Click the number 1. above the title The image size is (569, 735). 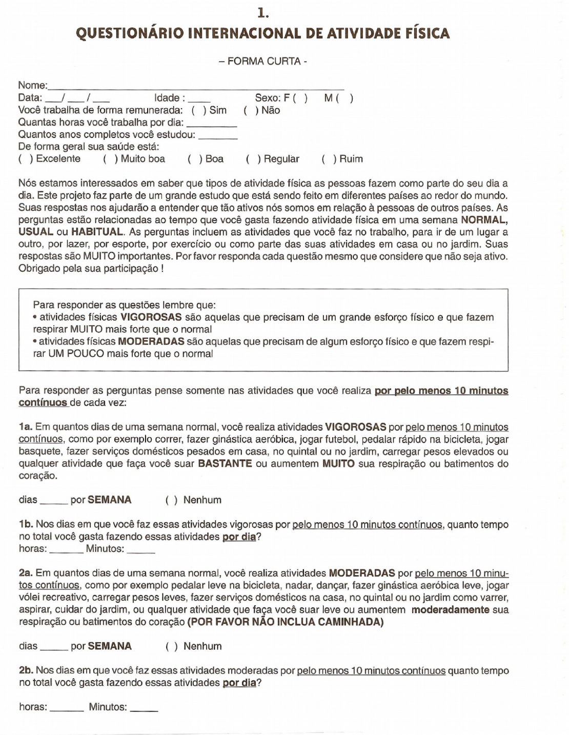click(x=263, y=12)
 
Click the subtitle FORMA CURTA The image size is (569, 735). click(x=263, y=62)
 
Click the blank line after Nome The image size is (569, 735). click(x=195, y=86)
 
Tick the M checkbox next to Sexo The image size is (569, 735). click(x=344, y=98)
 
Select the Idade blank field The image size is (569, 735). click(x=199, y=99)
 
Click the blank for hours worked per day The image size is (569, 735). click(x=212, y=124)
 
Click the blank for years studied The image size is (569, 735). click(x=218, y=136)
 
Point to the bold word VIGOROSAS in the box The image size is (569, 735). click(x=151, y=317)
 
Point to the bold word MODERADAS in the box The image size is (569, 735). click(x=151, y=341)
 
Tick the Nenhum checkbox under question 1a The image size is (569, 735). click(x=171, y=500)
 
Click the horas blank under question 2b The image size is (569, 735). click(x=67, y=708)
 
